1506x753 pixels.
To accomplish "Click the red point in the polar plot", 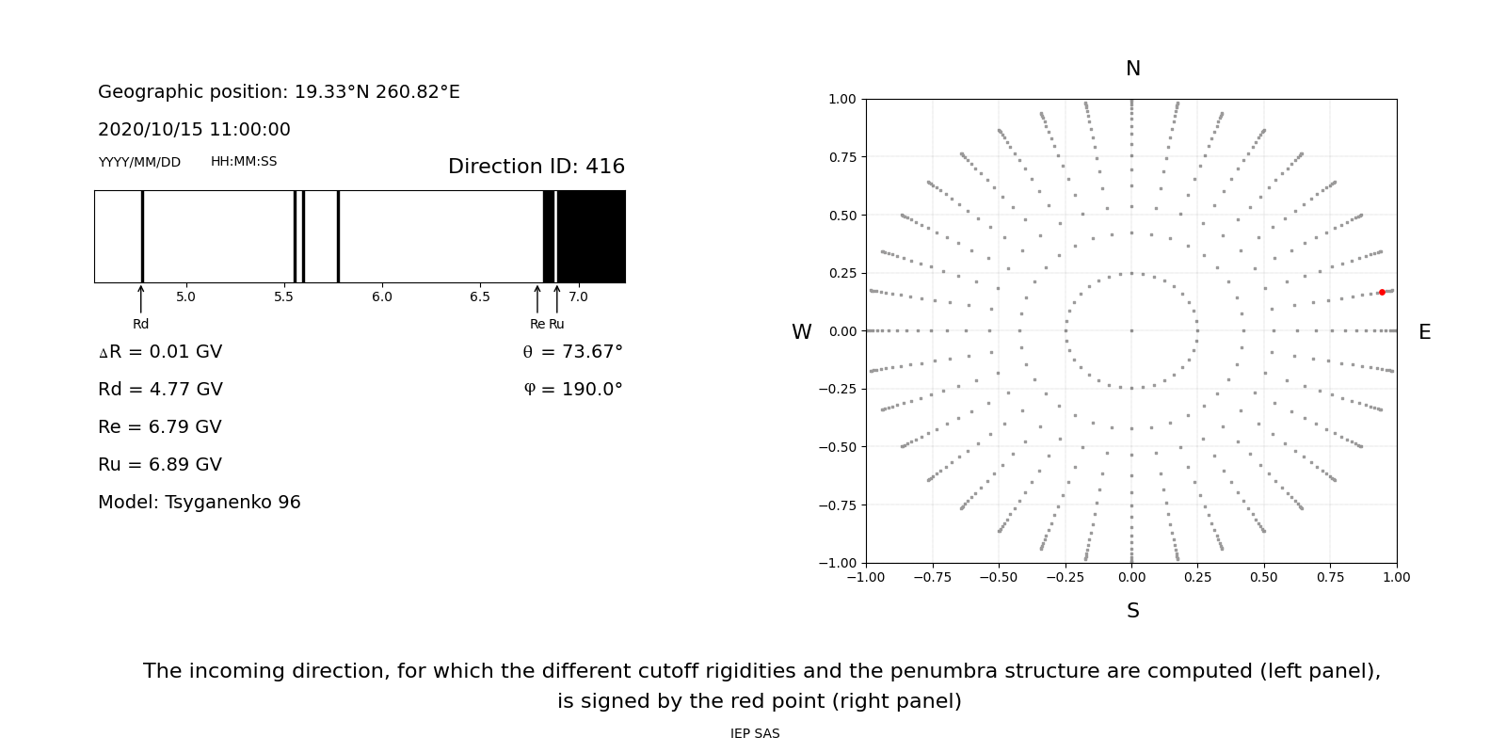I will pyautogui.click(x=1382, y=292).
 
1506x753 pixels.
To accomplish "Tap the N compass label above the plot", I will pyautogui.click(x=1132, y=69).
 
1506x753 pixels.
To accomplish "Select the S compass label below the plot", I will pyautogui.click(x=1132, y=611).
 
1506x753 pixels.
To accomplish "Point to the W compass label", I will pyautogui.click(x=801, y=332).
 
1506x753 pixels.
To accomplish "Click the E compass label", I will pyautogui.click(x=1424, y=332).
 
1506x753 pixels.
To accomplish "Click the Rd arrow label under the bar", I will pyautogui.click(x=140, y=324).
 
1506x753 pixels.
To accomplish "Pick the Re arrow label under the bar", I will pyautogui.click(x=537, y=324).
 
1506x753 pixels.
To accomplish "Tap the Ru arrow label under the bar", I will pyautogui.click(x=556, y=324).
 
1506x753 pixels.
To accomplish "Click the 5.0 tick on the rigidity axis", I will pyautogui.click(x=185, y=296).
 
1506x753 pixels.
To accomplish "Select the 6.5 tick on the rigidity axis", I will pyautogui.click(x=480, y=296).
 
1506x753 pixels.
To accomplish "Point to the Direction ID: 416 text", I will pyautogui.click(x=536, y=167).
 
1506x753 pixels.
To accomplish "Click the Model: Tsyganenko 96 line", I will pyautogui.click(x=200, y=502).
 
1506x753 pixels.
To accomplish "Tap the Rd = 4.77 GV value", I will pyautogui.click(x=160, y=389).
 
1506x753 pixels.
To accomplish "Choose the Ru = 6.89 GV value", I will pyautogui.click(x=160, y=464).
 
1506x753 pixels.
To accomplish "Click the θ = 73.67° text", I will pyautogui.click(x=572, y=351).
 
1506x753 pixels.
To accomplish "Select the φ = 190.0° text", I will pyautogui.click(x=572, y=389).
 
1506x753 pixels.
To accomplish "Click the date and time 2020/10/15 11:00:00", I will pyautogui.click(x=194, y=129).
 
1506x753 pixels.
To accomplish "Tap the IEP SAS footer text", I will pyautogui.click(x=755, y=733).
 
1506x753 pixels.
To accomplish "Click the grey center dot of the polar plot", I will pyautogui.click(x=1131, y=330).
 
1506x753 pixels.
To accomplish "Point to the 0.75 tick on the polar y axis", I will pyautogui.click(x=841, y=156).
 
